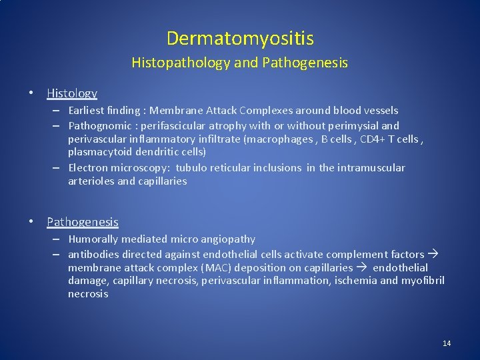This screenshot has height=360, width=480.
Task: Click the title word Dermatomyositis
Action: click(x=240, y=39)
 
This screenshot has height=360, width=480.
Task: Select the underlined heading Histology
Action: click(x=72, y=93)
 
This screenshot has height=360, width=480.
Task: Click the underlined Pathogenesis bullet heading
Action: click(x=83, y=222)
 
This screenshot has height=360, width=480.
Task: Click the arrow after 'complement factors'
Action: click(x=433, y=254)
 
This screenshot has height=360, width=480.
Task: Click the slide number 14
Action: click(x=447, y=343)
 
